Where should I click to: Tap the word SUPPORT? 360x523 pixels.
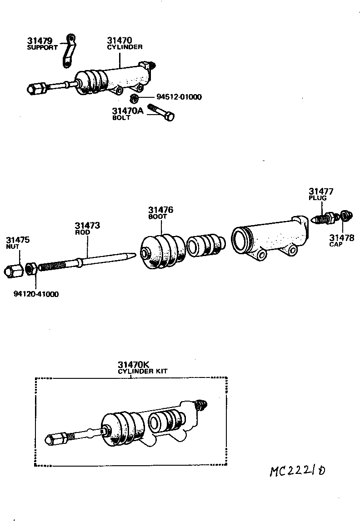click(x=43, y=47)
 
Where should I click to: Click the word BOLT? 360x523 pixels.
click(x=121, y=117)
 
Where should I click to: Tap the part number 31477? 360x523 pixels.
click(x=321, y=191)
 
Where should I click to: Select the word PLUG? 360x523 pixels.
click(x=318, y=198)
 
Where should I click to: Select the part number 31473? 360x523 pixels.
click(x=87, y=226)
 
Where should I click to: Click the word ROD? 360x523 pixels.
click(x=82, y=232)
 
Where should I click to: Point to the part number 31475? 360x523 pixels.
click(x=18, y=240)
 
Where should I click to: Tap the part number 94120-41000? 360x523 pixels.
click(x=36, y=294)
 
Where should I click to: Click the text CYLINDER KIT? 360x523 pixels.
click(x=143, y=371)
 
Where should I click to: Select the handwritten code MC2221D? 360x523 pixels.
click(x=297, y=471)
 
